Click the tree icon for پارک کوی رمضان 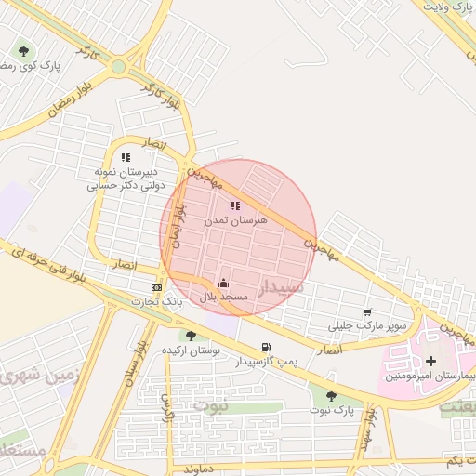(x=24, y=52)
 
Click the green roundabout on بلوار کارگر (x=118, y=66)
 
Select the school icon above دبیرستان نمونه (x=126, y=158)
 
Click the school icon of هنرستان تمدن (x=234, y=205)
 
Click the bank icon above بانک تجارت (x=156, y=287)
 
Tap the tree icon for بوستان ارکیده (x=191, y=336)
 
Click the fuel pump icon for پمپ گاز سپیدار (x=267, y=347)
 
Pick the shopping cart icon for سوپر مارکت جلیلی (x=368, y=313)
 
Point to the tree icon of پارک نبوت (x=331, y=396)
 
